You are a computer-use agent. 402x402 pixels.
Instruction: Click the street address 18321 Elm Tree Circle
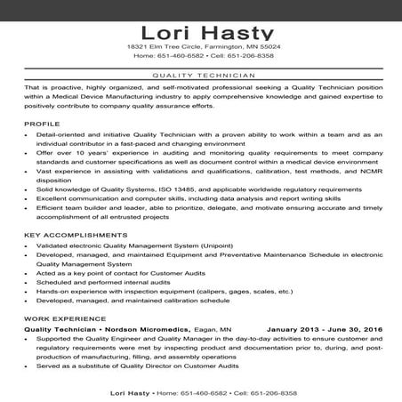pos(165,45)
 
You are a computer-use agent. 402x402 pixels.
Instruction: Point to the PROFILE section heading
pos(42,123)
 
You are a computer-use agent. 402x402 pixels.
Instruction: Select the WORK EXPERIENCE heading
pos(58,318)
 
